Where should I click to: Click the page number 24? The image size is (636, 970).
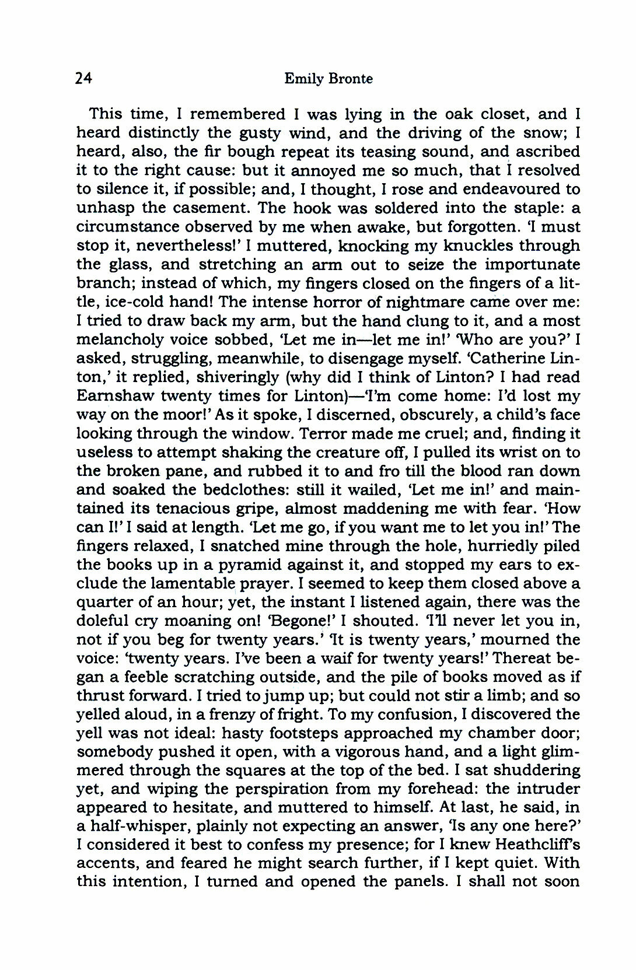(84, 78)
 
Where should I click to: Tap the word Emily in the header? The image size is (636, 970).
(303, 79)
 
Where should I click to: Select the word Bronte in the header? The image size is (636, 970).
(350, 79)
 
